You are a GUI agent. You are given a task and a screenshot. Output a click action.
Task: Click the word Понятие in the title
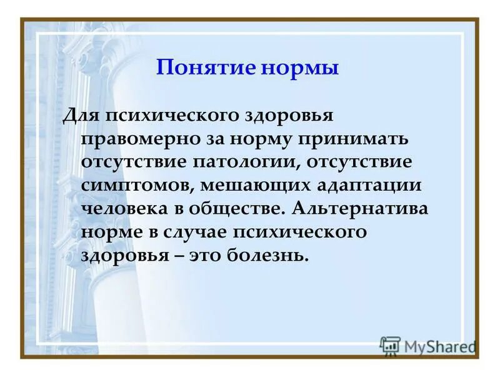199,67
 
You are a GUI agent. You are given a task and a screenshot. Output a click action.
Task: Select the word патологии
246,162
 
